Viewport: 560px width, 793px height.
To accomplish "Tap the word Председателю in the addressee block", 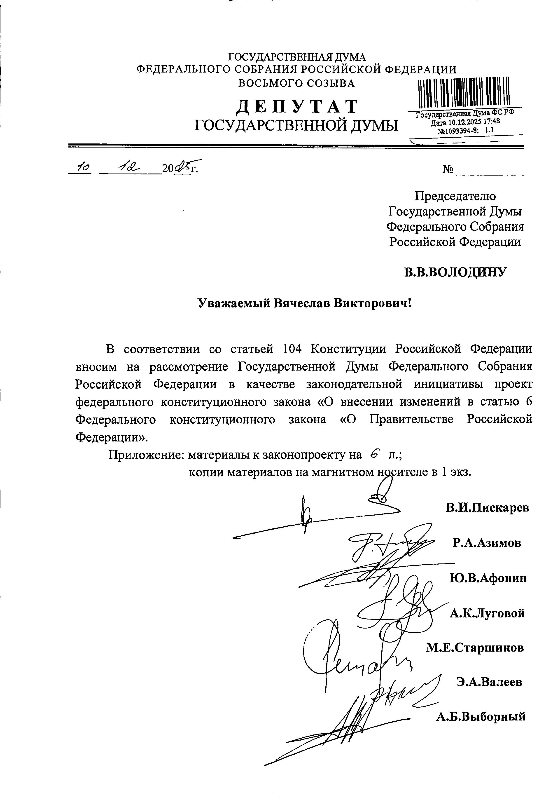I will pyautogui.click(x=455, y=196).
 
